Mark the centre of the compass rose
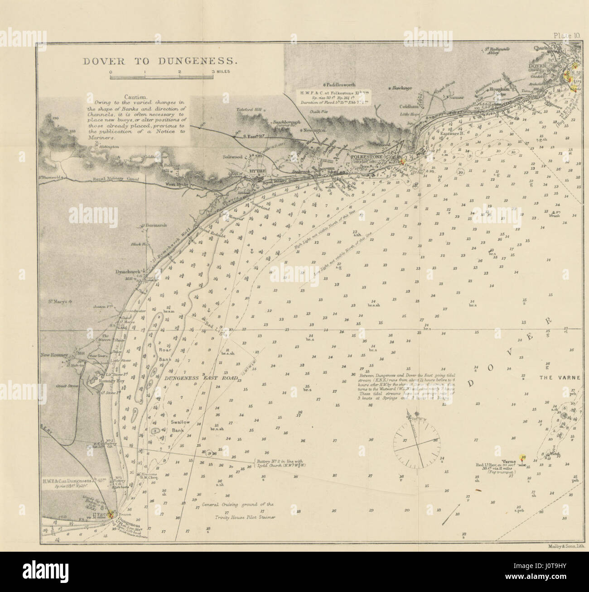(x=417, y=444)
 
